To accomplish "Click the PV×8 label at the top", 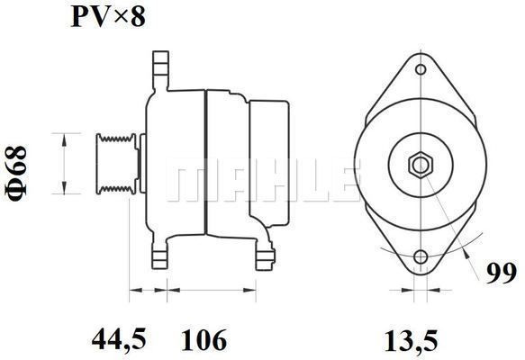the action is (x=108, y=17).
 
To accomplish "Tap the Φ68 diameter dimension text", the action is (x=15, y=174).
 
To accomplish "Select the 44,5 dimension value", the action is (x=119, y=339).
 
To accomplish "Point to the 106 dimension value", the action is (x=204, y=339).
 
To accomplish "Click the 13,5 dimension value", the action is (x=412, y=341).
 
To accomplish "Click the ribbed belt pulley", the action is (x=116, y=164).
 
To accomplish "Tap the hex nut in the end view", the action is (x=421, y=165).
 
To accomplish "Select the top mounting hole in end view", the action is (x=421, y=69).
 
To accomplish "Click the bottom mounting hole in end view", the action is (x=421, y=257).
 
